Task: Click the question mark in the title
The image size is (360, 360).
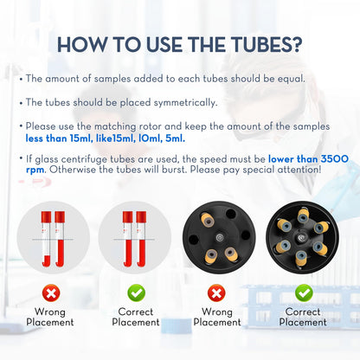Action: (298, 45)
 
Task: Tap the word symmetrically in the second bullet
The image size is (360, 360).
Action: (185, 103)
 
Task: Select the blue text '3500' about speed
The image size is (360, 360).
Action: (335, 159)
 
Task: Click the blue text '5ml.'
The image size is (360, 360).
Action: (175, 138)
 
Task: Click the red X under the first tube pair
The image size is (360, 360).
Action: (51, 293)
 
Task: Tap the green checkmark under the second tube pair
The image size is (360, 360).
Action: (136, 293)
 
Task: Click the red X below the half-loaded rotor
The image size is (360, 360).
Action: (216, 293)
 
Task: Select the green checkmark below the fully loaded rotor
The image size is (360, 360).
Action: (304, 293)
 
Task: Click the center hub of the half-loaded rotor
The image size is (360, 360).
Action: (220, 238)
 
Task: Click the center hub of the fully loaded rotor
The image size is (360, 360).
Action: (302, 238)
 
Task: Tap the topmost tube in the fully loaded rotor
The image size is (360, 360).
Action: (303, 215)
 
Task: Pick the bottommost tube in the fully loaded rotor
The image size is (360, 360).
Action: (301, 258)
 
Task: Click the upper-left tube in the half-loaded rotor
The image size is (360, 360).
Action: (208, 221)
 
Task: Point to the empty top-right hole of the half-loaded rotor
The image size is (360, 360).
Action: (231, 214)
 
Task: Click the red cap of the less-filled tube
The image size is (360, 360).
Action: (46, 217)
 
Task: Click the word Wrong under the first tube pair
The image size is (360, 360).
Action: (50, 312)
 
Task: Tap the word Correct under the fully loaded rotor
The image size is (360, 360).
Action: (303, 312)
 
